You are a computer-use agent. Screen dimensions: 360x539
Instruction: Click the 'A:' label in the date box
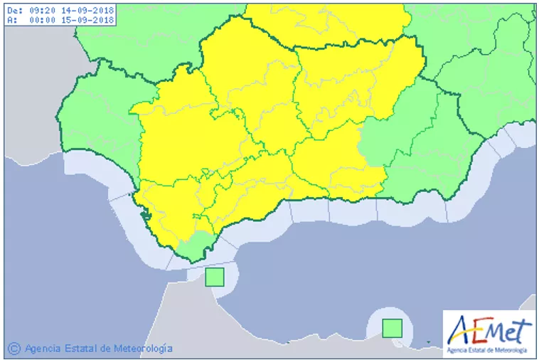(11, 20)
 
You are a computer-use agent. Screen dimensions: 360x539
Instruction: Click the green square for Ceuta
(215, 277)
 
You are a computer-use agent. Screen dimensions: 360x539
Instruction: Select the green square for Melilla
(392, 328)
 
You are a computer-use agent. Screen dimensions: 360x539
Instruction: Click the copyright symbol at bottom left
(14, 349)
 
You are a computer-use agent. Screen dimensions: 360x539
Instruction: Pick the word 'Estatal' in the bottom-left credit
(81, 349)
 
